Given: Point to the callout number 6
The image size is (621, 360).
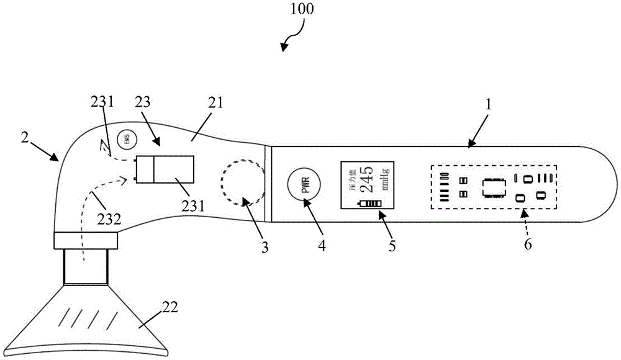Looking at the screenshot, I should click(x=528, y=244).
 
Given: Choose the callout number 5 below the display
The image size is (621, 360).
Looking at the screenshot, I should click(x=392, y=245).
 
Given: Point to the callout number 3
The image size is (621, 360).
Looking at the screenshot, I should click(x=265, y=247).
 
